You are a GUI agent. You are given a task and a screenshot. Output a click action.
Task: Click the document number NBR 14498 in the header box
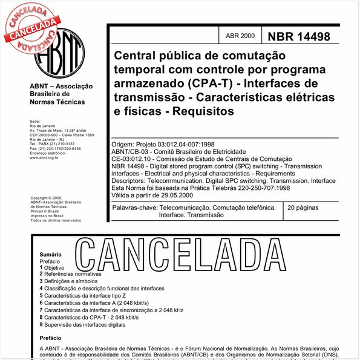pos(299,36)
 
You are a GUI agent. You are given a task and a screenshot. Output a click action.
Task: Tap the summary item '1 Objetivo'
pos(51,267)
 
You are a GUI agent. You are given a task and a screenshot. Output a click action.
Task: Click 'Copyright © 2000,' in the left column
pos(47,198)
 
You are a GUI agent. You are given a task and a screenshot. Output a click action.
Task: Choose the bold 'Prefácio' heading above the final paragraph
pos(50,338)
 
